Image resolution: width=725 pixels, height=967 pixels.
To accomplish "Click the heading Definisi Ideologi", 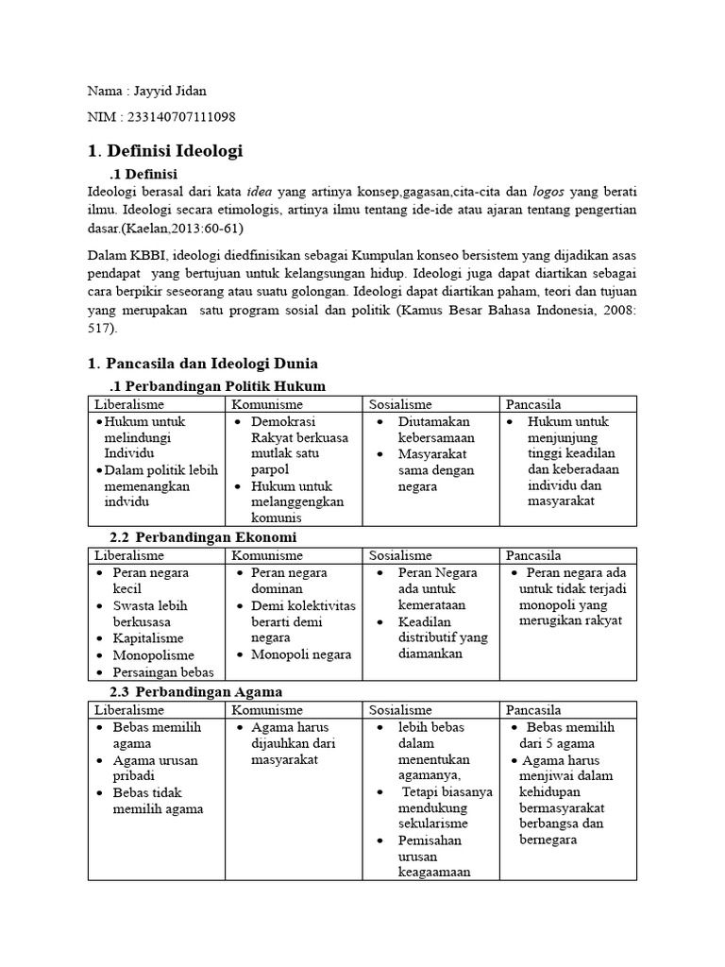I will click(172, 150).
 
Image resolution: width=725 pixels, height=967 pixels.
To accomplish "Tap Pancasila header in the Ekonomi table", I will click(534, 555).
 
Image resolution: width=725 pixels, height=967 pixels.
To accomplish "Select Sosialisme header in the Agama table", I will click(400, 710).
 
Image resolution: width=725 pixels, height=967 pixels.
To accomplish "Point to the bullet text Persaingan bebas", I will click(163, 672).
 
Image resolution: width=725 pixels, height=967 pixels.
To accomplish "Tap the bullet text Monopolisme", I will click(154, 655).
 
